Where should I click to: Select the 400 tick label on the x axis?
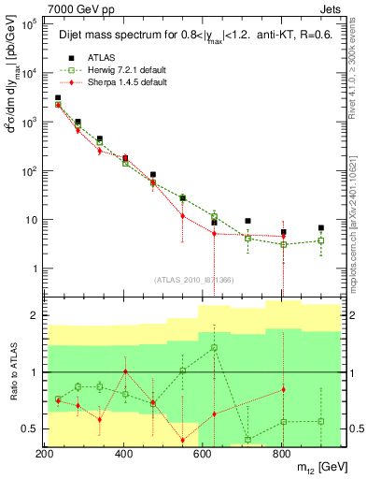coord(123,454)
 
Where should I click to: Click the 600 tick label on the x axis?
coord(203,454)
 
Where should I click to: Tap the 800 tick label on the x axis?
coord(282,454)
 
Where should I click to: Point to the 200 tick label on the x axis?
coord(44,454)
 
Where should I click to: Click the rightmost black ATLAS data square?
coord(320,227)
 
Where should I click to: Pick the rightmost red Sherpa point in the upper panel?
coord(283,236)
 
